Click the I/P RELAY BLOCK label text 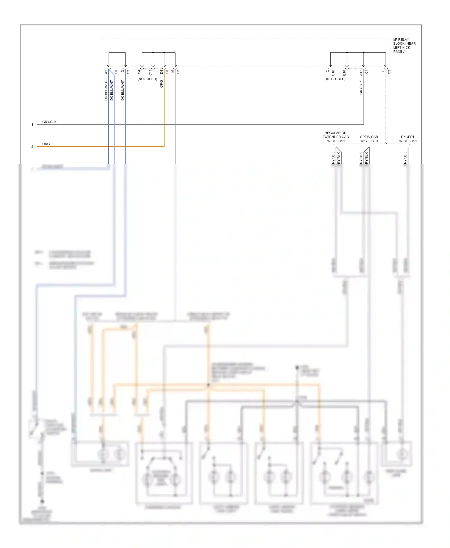pos(404,46)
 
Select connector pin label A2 pos(106,72)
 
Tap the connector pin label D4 pos(161,72)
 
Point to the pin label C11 pos(150,72)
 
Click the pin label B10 pos(344,73)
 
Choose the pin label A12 pos(361,72)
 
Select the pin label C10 pos(333,73)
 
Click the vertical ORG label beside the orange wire pos(161,84)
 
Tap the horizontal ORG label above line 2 pos(46,144)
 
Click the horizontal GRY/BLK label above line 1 pos(49,122)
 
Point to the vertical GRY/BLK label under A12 pos(361,88)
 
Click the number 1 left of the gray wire pos(32,124)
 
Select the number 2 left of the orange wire pos(32,147)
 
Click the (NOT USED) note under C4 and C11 pos(147,79)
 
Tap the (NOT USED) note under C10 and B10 pos(336,79)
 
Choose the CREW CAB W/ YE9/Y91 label pos(369,139)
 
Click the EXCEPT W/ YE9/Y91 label pos(408,139)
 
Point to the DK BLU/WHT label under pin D pos(122,90)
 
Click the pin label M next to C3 pos(172,72)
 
